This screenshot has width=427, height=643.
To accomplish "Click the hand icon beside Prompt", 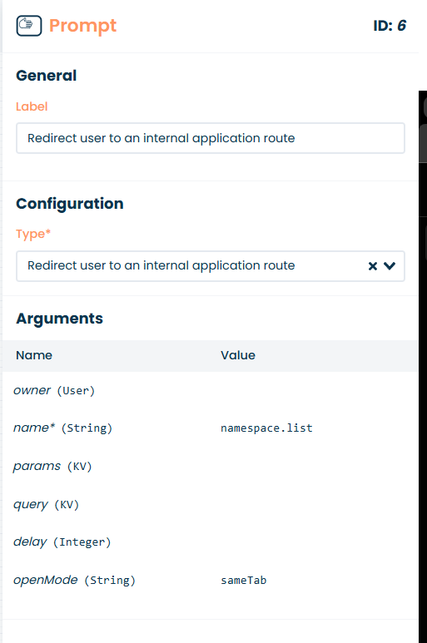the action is (x=28, y=26).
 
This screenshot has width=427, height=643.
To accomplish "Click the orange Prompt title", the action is (x=83, y=26).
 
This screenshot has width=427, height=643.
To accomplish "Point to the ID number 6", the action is (x=401, y=26).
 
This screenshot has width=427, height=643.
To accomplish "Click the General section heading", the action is (x=47, y=76).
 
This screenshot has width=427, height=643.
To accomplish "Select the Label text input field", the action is (x=211, y=138).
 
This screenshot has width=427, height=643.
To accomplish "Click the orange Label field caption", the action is (x=32, y=106).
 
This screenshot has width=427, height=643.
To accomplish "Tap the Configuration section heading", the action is (x=70, y=204).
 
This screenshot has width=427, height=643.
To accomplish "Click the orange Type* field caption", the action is (x=33, y=234).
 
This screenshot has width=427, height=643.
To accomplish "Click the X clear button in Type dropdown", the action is (x=372, y=266).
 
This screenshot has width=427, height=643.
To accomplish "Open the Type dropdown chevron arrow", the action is (x=390, y=266).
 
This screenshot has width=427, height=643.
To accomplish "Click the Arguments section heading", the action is (x=59, y=319).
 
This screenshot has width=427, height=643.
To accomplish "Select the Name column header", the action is (x=34, y=355).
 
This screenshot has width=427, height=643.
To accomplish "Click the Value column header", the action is (x=238, y=355).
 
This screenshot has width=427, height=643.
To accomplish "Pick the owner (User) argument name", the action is (x=54, y=390).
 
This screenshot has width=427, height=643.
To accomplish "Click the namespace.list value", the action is (x=266, y=428).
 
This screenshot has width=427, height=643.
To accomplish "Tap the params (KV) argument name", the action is (x=52, y=467).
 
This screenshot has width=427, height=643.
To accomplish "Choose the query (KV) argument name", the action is (x=46, y=504).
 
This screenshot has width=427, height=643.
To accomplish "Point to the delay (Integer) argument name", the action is (x=62, y=542).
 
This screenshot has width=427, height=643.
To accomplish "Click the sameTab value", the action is (x=244, y=581).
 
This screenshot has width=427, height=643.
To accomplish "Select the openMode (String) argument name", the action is (x=74, y=581).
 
